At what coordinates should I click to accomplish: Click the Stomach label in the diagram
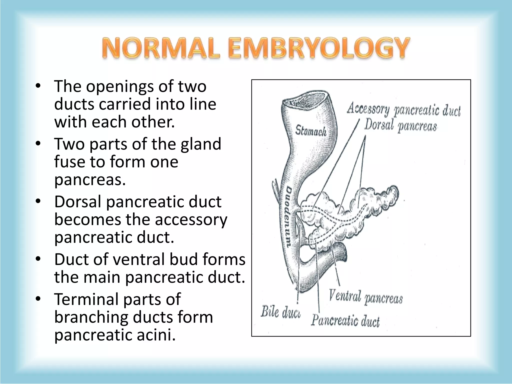click(311, 130)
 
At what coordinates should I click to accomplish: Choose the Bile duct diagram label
click(280, 312)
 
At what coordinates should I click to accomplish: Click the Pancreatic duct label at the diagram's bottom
click(345, 320)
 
